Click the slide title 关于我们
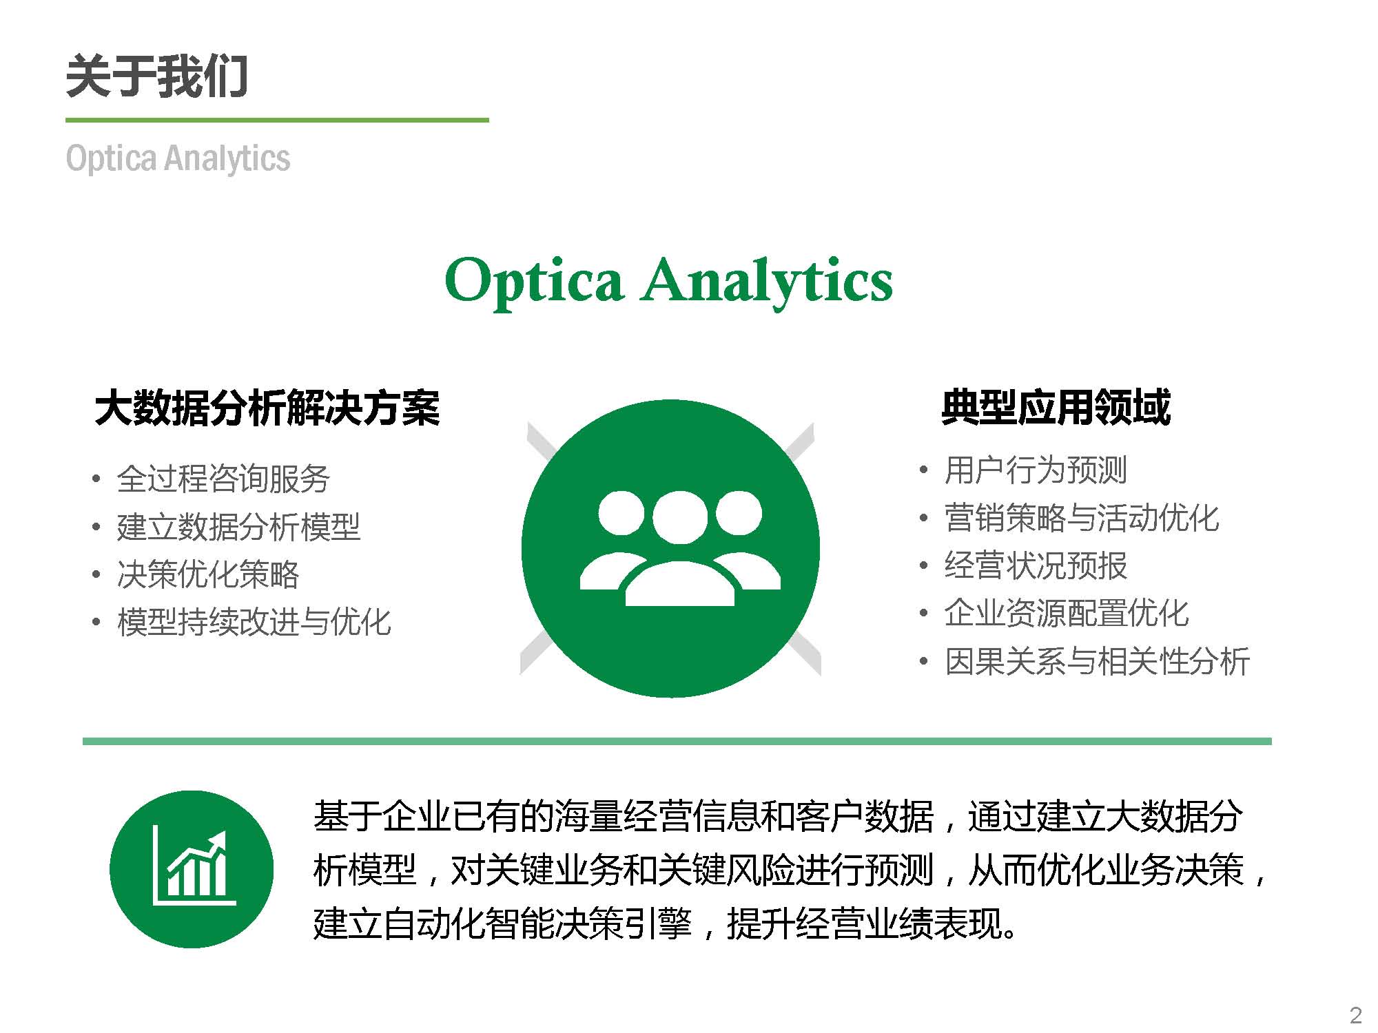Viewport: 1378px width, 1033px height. click(156, 76)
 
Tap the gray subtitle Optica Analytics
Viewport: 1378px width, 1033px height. click(178, 158)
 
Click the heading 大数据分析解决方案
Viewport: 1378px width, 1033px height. click(267, 408)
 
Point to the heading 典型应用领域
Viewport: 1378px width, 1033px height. click(1056, 406)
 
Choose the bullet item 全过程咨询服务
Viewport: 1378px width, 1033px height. click(223, 478)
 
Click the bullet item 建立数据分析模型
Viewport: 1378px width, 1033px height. click(238, 526)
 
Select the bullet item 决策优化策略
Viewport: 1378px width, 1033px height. click(208, 574)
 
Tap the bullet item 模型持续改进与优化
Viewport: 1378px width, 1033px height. click(254, 621)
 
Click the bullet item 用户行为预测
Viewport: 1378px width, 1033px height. click(1036, 470)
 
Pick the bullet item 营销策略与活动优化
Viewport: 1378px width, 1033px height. click(1082, 518)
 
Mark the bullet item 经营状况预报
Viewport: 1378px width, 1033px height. click(1036, 565)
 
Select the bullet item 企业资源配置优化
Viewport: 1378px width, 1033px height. click(1067, 613)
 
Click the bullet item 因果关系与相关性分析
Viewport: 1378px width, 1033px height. click(1097, 661)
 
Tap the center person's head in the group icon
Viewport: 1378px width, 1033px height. click(680, 517)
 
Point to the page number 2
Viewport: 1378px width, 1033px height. click(1356, 1015)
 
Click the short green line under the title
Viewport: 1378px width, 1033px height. click(277, 120)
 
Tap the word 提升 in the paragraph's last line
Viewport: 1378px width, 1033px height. click(761, 924)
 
